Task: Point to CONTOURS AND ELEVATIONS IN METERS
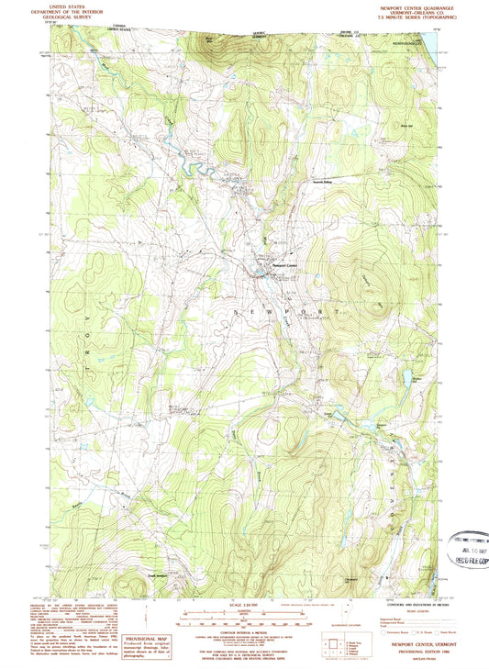409,605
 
